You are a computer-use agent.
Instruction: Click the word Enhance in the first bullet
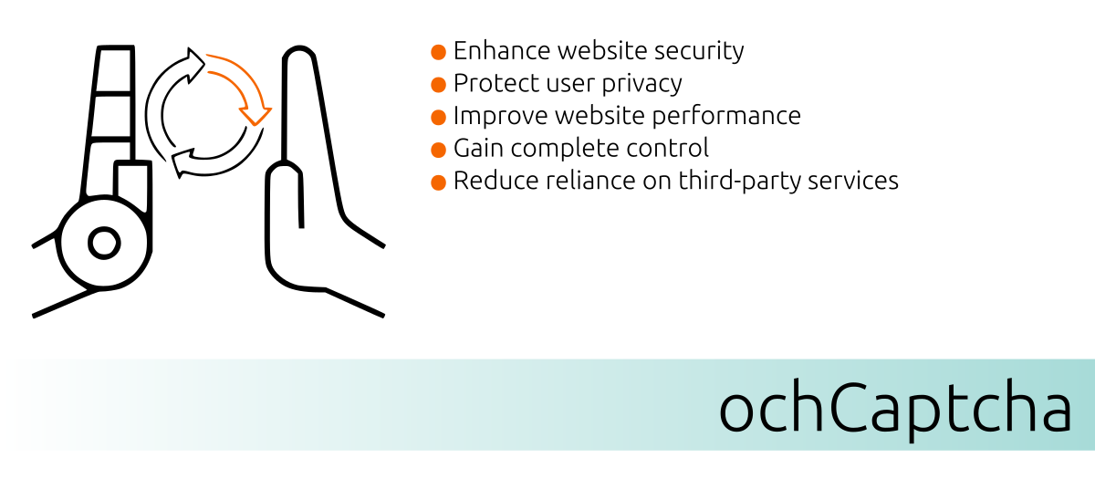502,50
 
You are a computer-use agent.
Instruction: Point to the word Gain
478,148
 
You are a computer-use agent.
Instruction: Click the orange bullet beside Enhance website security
439,52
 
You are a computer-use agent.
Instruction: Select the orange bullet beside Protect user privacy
439,85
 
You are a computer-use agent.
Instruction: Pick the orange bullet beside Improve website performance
439,118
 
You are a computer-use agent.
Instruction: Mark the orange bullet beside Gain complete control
439,150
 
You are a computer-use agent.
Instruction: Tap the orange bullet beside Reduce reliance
439,182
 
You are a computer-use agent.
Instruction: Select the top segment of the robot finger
114,69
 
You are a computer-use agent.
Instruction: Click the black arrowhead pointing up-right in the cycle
194,65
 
